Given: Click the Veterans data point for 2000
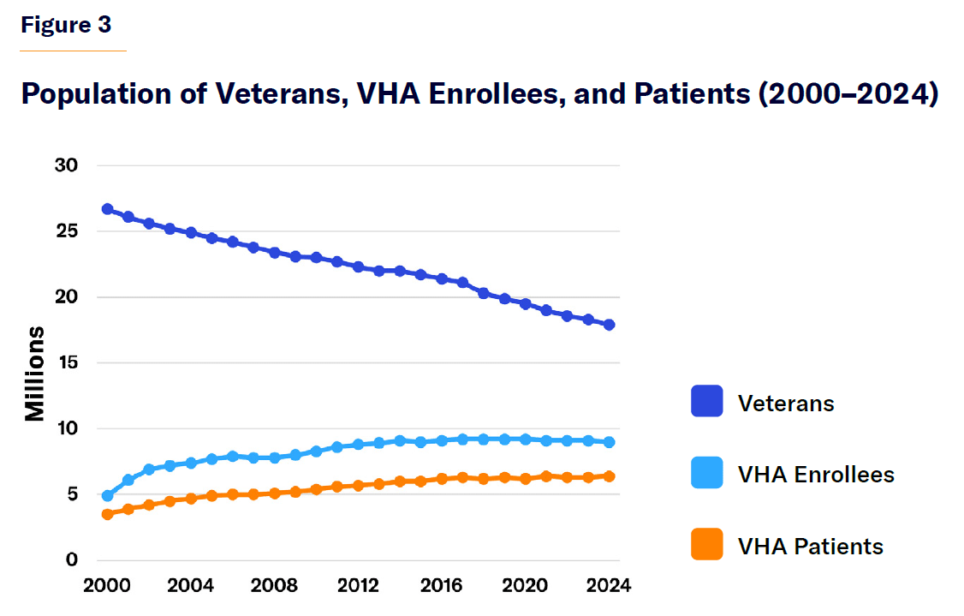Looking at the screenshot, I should [108, 209].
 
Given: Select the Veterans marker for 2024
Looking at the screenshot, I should [609, 325].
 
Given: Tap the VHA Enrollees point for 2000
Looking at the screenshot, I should [108, 495].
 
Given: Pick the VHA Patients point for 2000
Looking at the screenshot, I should [108, 514].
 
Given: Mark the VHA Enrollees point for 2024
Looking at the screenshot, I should [609, 442].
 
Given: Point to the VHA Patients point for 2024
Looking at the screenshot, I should [609, 476].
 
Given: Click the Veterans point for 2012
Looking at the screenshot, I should [358, 267].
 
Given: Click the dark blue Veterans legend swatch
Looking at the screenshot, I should [706, 402].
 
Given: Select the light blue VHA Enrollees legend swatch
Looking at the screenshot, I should [706, 474].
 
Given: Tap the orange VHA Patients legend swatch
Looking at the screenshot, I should [706, 545].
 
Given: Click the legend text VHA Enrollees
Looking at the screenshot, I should [816, 475].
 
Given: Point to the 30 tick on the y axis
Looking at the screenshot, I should [67, 165].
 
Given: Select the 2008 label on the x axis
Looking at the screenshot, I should [275, 586].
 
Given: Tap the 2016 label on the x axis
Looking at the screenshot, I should [442, 586].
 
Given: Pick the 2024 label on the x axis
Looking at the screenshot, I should [609, 586].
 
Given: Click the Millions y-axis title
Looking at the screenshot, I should [35, 374].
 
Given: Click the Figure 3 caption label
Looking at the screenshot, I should [66, 26].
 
